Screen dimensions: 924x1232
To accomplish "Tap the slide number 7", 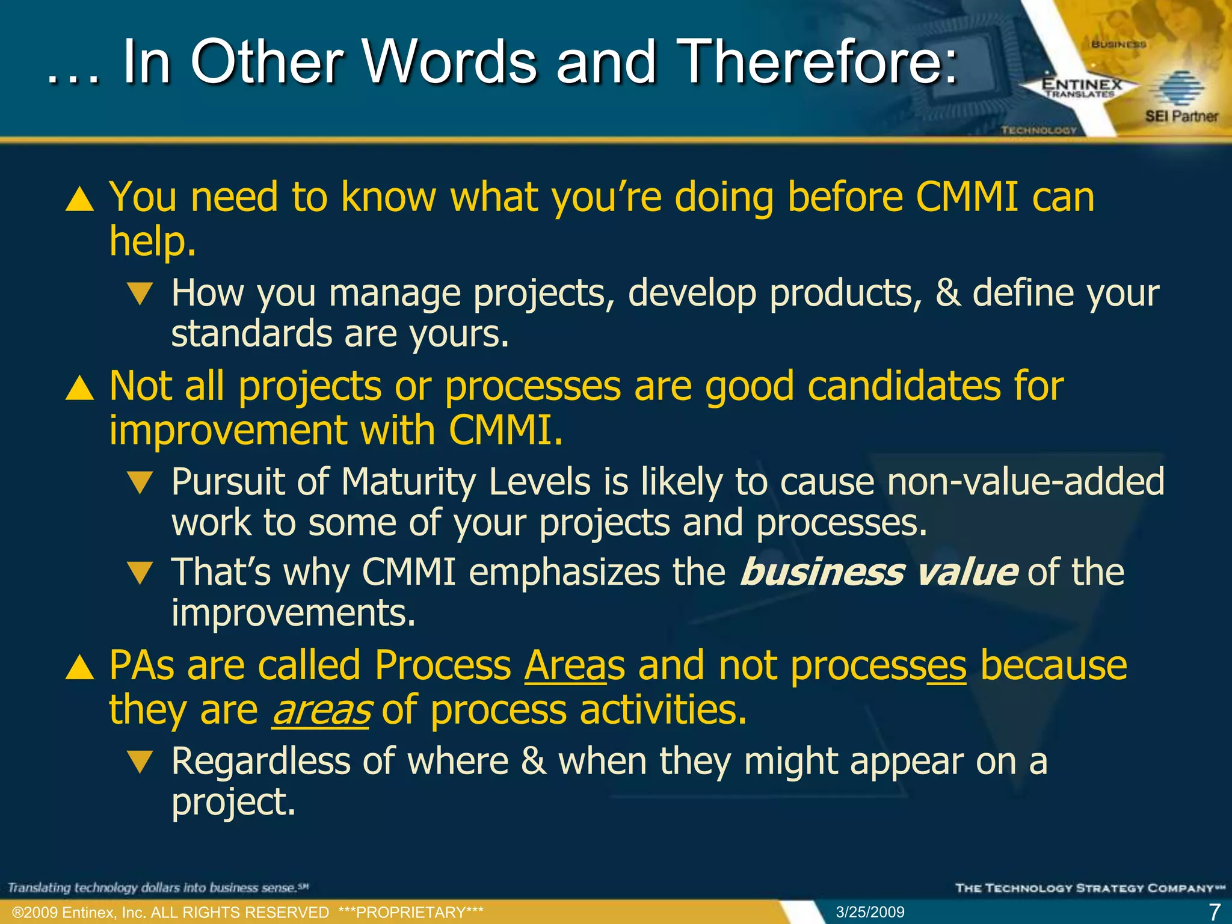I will (x=1215, y=912).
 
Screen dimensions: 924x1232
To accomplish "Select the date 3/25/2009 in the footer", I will (x=870, y=912).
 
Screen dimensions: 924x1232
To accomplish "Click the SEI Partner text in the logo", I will (x=1181, y=116).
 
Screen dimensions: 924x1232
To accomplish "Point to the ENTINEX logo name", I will (x=1082, y=85).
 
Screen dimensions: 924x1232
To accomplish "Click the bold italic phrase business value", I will (x=878, y=571).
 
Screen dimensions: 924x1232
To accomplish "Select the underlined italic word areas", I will (x=321, y=710).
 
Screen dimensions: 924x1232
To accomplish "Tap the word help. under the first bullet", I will (x=153, y=242).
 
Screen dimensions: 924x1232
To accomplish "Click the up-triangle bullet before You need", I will (x=79, y=199).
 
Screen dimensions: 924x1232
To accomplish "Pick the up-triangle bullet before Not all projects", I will (x=79, y=388).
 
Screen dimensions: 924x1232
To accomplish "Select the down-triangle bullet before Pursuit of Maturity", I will (x=141, y=482).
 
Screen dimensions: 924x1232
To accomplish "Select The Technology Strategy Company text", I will (x=1089, y=888).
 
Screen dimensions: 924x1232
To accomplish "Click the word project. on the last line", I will (x=233, y=802).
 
